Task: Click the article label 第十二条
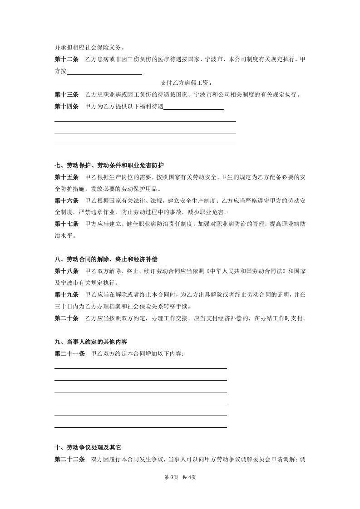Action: click(66, 59)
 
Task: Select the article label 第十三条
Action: click(66, 95)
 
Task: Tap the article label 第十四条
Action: click(66, 107)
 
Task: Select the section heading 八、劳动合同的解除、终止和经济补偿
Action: click(106, 260)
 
